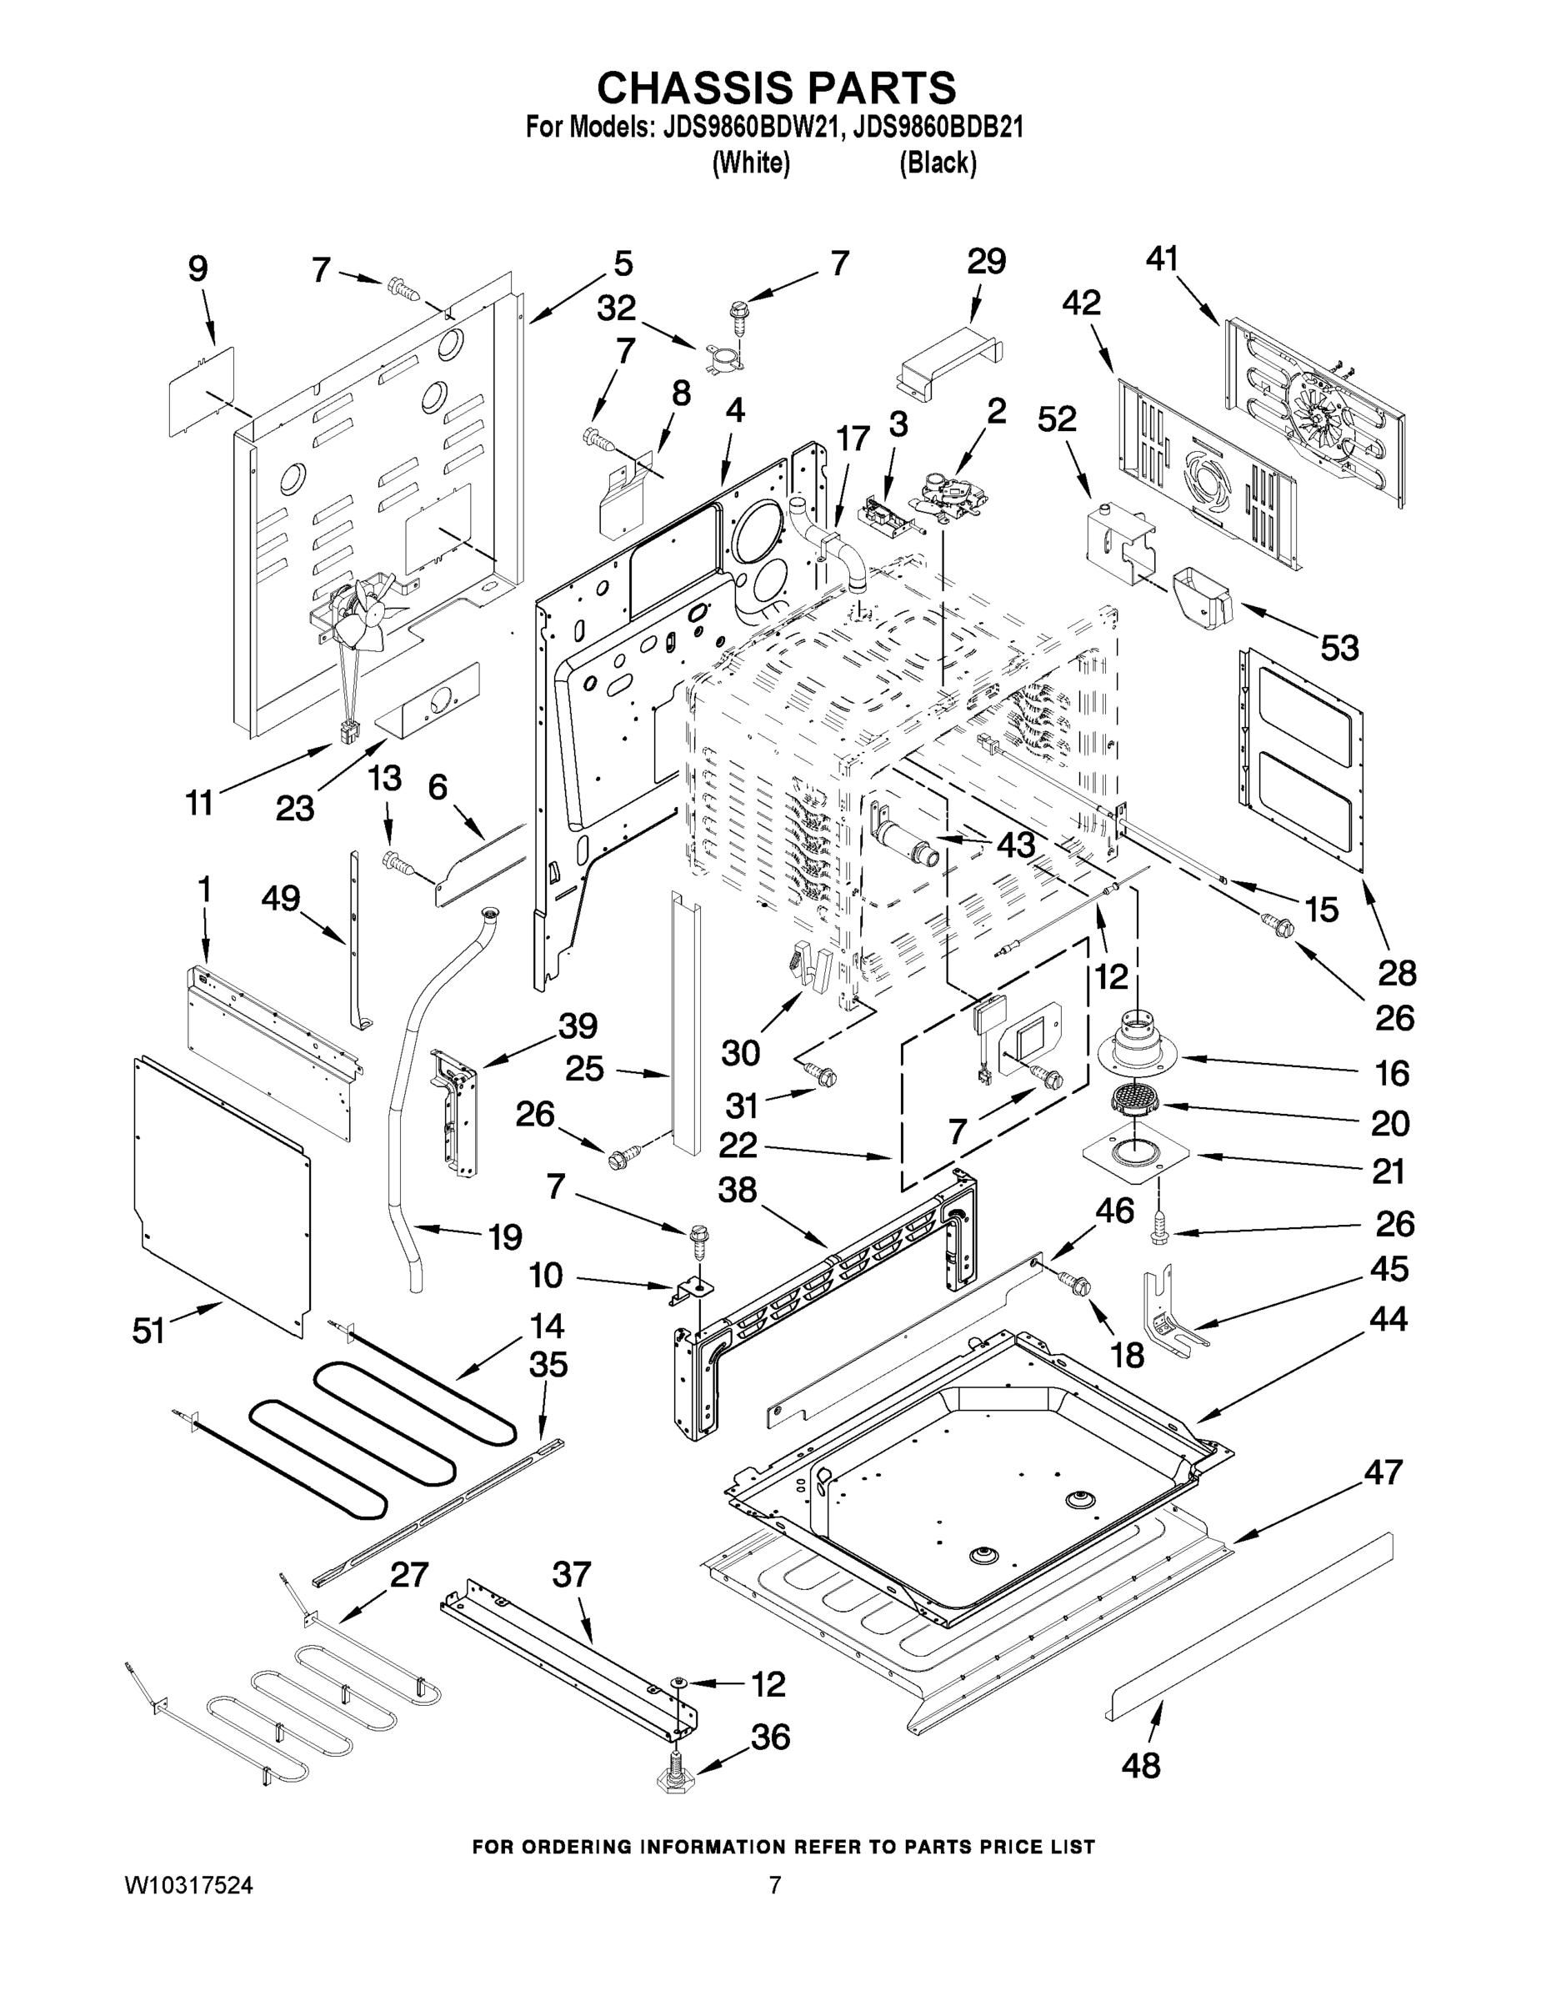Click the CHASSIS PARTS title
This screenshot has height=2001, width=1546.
pos(776,89)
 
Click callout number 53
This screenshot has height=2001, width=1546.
pos(1338,649)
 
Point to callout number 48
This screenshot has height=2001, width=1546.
pos(1140,1764)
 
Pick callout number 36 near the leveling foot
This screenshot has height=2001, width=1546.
pos(770,1736)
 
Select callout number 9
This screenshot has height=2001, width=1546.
pos(198,268)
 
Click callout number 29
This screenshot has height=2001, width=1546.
pos(987,262)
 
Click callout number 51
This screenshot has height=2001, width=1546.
pos(148,1331)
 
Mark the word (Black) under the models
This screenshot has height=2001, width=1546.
pos(937,163)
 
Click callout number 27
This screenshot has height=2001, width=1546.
pos(408,1574)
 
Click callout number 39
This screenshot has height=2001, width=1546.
pos(578,1026)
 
